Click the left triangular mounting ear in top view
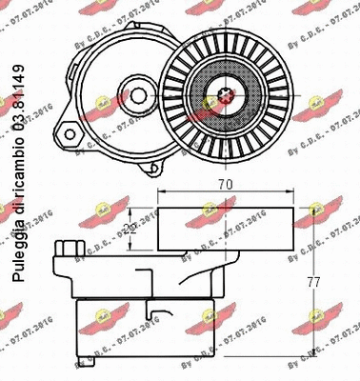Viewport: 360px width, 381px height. [70, 130]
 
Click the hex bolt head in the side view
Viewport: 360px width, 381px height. [66, 250]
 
